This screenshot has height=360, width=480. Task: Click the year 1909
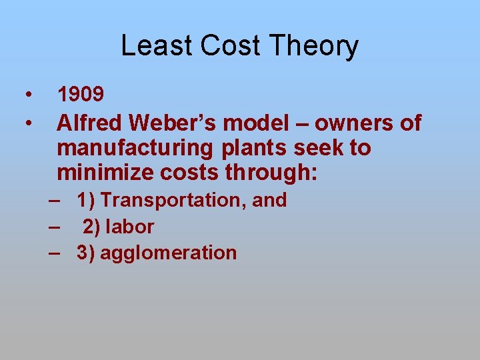point(80,95)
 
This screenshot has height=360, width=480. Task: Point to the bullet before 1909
point(29,94)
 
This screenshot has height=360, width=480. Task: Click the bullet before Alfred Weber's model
point(29,123)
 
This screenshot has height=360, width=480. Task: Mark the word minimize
point(106,172)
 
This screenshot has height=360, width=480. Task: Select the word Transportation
point(173,200)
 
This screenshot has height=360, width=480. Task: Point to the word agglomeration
point(168,253)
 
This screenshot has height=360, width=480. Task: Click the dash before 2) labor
point(55,227)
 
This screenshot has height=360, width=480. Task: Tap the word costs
point(191,172)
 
